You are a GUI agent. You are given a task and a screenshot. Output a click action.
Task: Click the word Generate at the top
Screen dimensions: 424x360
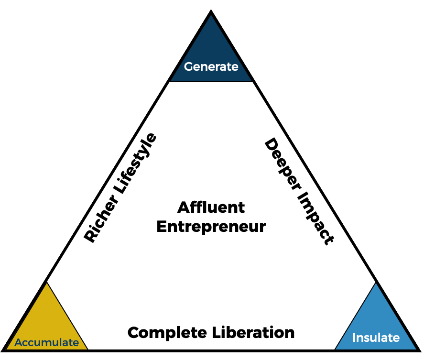tap(211, 67)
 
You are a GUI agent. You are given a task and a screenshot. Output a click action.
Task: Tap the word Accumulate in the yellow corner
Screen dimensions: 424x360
tap(46, 342)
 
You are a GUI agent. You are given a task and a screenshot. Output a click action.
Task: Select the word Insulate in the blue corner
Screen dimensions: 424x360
tap(376, 338)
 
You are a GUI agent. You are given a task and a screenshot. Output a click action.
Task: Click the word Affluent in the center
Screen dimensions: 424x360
tap(211, 207)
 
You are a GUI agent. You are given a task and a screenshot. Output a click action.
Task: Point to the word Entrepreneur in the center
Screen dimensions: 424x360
tap(211, 226)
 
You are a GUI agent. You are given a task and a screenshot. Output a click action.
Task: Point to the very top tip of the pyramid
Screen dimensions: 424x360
tap(211, 11)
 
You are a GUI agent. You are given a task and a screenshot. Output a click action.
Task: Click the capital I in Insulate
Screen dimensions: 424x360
tap(354, 338)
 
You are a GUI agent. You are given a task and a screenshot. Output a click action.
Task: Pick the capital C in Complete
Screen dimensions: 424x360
tap(134, 332)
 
